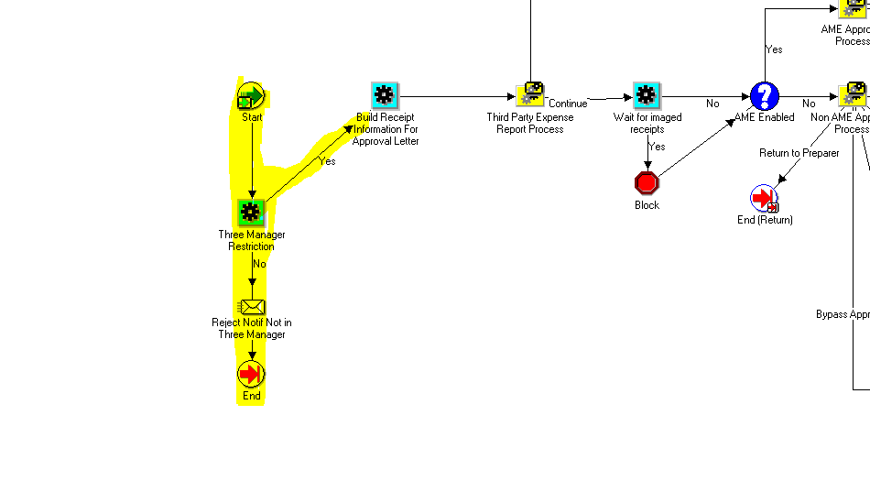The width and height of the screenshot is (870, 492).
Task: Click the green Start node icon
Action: point(251,96)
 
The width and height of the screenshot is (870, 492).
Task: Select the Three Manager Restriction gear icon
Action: point(251,213)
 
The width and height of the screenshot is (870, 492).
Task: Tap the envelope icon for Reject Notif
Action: point(251,306)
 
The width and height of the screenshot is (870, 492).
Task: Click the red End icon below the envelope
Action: point(251,374)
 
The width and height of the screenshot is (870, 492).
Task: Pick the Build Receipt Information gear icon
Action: point(385,95)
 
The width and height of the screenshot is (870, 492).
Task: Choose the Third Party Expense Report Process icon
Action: point(530,95)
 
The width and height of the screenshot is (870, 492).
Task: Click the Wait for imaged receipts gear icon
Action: point(647,95)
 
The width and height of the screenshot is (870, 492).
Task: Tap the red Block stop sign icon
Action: point(647,183)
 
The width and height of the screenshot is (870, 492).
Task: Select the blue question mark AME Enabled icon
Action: point(764,96)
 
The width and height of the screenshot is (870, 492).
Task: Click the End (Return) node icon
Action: point(764,198)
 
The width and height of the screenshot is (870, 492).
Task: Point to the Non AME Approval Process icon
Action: point(853,95)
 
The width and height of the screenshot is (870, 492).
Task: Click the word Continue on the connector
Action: point(568,104)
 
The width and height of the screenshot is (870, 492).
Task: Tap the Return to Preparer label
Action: point(799,153)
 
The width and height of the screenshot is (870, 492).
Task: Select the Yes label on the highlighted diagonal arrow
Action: point(327,161)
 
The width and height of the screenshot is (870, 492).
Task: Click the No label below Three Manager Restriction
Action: point(259,264)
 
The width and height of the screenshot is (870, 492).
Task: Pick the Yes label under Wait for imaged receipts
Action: point(657,147)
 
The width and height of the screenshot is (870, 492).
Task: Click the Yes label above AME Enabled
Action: point(774,49)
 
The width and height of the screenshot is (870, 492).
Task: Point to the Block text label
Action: point(647,205)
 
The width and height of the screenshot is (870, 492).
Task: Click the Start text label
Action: point(252,117)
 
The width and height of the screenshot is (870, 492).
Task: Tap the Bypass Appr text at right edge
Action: point(842,314)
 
